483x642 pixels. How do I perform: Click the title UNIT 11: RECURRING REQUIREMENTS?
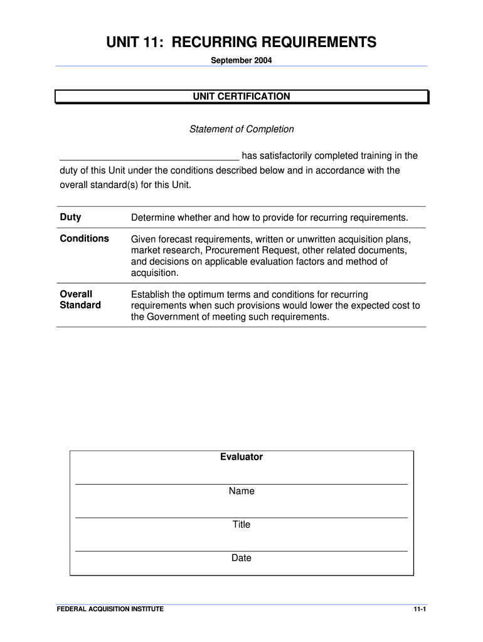click(x=242, y=42)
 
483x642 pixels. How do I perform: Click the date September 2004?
click(x=242, y=61)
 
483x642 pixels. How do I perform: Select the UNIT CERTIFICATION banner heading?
click(x=242, y=97)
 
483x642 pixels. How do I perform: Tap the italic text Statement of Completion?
click(x=242, y=129)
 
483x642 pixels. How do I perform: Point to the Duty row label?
click(x=70, y=218)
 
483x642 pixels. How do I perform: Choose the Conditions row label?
click(x=84, y=239)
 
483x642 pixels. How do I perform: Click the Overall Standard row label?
click(x=80, y=300)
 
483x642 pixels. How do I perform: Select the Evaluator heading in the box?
click(x=242, y=457)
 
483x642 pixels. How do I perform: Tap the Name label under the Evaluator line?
click(x=242, y=491)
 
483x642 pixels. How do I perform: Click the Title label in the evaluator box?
click(x=242, y=524)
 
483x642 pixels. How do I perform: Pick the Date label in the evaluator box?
click(x=242, y=557)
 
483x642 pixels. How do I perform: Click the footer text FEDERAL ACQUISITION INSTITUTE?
click(x=110, y=609)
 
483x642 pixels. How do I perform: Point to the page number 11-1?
click(x=419, y=609)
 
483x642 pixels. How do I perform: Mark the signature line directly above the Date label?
click(x=242, y=551)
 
